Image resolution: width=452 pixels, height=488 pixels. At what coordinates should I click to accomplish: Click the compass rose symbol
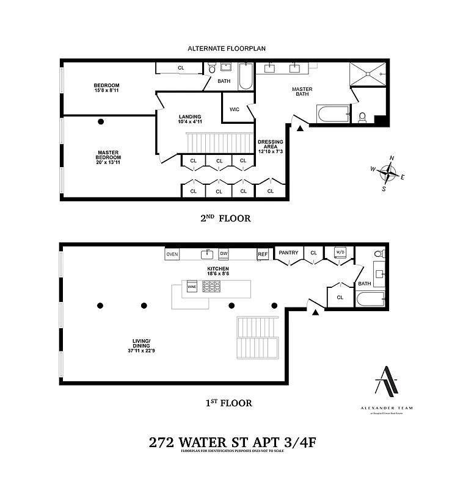tap(388, 173)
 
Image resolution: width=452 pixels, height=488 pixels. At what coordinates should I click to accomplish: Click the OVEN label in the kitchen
tap(172, 254)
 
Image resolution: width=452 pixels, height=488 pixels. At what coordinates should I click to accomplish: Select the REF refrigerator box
tap(263, 254)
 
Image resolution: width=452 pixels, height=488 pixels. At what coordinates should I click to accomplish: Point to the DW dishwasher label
tap(224, 254)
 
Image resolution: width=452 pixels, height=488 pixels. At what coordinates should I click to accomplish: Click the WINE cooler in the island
tap(192, 286)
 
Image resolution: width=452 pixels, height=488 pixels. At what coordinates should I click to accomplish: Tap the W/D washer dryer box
tap(340, 251)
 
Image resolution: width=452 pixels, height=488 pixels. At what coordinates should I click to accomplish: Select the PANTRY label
tap(288, 252)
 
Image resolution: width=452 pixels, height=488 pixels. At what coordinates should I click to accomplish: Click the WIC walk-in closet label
tap(235, 109)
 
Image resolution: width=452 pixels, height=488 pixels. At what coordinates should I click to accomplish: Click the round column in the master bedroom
tap(101, 121)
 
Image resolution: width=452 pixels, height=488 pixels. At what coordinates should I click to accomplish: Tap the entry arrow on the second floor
tap(300, 128)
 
